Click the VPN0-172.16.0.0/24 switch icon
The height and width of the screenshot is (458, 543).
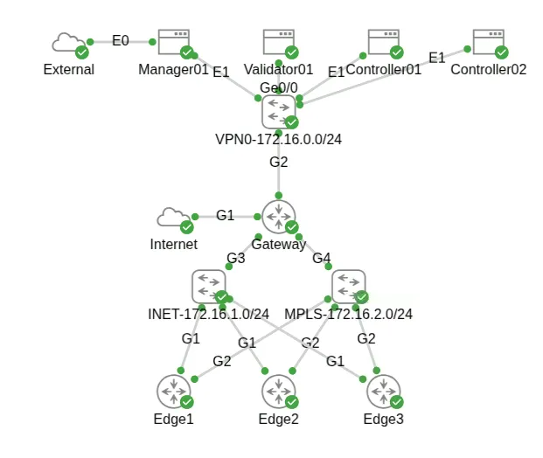click(x=278, y=111)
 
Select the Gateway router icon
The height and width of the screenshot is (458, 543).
click(x=278, y=216)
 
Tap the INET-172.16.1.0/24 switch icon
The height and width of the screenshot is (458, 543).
click(x=208, y=286)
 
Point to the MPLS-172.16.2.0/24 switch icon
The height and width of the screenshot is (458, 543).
click(x=348, y=286)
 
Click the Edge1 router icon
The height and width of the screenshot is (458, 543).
click(x=173, y=391)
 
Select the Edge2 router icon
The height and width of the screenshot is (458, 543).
click(x=278, y=391)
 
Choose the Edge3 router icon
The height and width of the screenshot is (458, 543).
click(x=383, y=391)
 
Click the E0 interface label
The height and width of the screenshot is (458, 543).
click(x=121, y=40)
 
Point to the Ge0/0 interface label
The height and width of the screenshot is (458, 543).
click(x=278, y=88)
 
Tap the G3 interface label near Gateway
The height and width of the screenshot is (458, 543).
click(x=236, y=258)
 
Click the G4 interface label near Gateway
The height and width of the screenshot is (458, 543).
click(x=322, y=258)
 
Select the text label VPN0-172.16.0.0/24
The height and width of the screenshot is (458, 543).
click(x=278, y=140)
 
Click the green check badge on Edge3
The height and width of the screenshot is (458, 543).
click(x=397, y=401)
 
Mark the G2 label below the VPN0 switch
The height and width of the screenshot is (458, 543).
click(x=278, y=162)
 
